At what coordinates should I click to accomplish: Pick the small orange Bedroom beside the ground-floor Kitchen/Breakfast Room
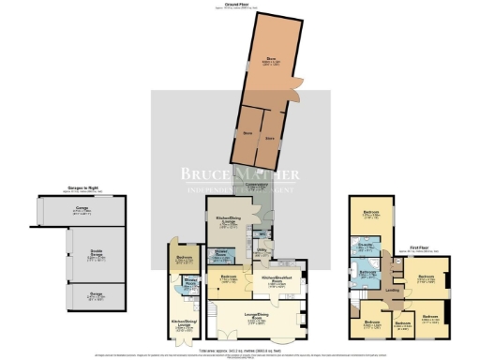[x=228, y=278]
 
